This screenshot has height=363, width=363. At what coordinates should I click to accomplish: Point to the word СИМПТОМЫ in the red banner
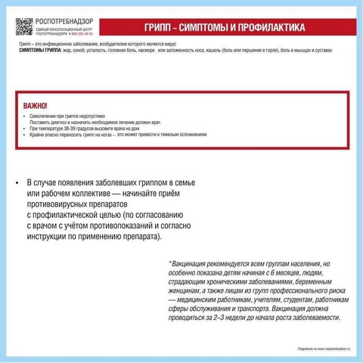202,28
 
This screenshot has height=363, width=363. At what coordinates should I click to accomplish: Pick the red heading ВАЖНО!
36,107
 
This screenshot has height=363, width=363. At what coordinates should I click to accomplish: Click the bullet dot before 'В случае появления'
17,184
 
